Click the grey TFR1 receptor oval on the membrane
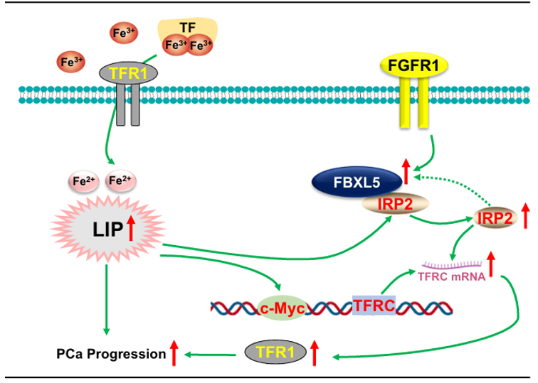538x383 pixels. pos(128,70)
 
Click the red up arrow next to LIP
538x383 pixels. pos(130,230)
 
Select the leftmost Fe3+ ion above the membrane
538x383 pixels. pos(70,63)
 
